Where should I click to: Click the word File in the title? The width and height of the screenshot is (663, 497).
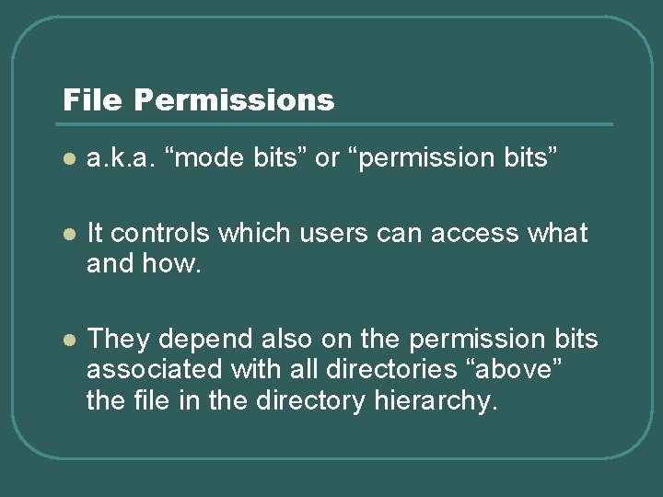point(92,99)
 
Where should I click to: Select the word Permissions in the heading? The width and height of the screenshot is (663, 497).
point(234,99)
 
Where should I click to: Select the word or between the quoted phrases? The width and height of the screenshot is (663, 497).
point(327,159)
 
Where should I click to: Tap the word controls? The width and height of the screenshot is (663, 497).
point(162,234)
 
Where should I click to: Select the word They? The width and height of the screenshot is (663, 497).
point(116,340)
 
